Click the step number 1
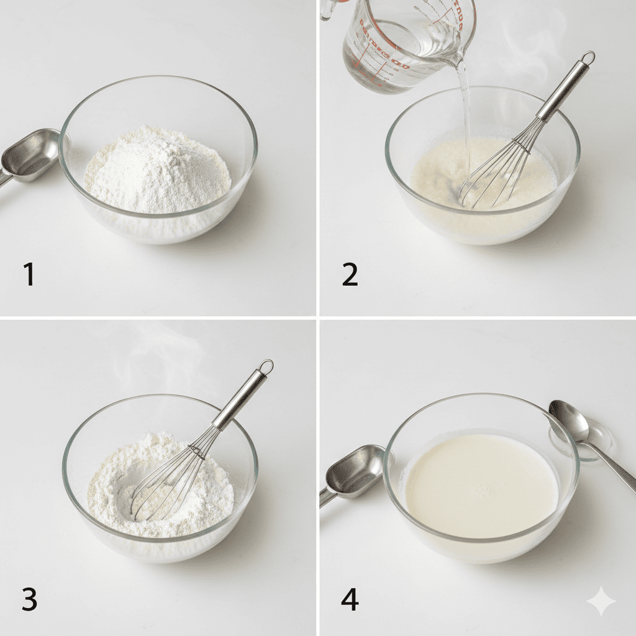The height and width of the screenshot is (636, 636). pos(29,274)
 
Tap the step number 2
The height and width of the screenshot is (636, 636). pos(350,274)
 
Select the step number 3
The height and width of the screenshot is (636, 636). pos(29,599)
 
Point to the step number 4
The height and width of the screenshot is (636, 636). pos(350,599)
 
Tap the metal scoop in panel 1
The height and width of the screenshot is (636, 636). pos(28,156)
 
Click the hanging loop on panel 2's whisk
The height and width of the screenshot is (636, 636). pos(587,58)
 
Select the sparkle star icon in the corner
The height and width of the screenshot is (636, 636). pos(601,601)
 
